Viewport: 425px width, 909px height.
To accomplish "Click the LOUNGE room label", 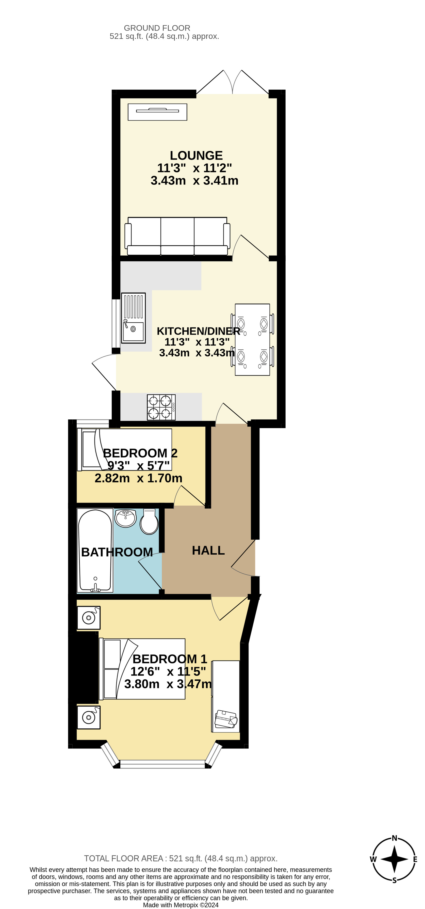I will [x=196, y=156].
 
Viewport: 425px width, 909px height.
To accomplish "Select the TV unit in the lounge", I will [x=157, y=112].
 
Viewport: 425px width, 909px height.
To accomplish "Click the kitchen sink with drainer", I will [x=133, y=318].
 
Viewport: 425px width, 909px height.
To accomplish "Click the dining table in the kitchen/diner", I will [x=252, y=339].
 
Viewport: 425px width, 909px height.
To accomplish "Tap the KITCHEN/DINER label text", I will [x=198, y=331].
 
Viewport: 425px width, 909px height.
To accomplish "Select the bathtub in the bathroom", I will [x=95, y=550].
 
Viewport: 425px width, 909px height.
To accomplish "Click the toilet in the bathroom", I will [x=149, y=522].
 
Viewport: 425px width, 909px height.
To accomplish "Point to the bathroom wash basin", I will [x=126, y=518].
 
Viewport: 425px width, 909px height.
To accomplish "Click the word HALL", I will [x=208, y=550].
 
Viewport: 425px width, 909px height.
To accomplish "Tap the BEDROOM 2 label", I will [x=140, y=453].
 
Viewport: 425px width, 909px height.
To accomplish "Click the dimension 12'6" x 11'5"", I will [x=168, y=671].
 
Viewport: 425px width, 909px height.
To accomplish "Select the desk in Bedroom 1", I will [x=226, y=696].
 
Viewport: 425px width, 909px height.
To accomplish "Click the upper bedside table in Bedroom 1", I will [x=89, y=618].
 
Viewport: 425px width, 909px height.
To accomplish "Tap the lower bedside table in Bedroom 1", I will [x=89, y=717].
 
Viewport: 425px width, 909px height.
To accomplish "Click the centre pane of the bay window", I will [x=162, y=764].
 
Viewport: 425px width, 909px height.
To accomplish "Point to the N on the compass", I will [x=394, y=838].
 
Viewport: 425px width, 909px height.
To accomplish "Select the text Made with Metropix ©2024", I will [x=181, y=905].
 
